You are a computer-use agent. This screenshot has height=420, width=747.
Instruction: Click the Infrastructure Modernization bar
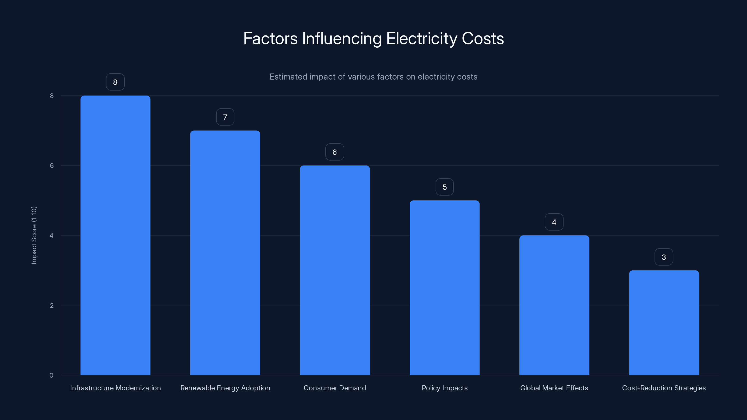pos(115,235)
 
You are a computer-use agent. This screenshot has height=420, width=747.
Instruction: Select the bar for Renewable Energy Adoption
pos(225,252)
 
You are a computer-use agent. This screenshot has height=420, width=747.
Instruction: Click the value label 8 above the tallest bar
pos(115,82)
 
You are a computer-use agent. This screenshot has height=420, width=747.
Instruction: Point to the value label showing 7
pos(225,117)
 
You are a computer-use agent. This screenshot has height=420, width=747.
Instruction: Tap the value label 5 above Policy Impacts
pos(444,187)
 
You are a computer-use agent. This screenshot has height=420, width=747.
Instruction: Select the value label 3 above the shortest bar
pos(663,257)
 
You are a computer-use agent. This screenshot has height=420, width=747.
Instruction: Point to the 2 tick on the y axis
pos(52,305)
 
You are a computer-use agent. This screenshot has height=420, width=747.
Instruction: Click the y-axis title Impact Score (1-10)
pos(34,235)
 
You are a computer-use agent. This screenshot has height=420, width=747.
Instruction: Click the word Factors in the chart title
pos(270,38)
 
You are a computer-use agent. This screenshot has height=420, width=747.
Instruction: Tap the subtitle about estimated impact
pos(373,77)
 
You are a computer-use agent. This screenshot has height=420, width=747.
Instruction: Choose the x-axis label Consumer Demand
pos(335,388)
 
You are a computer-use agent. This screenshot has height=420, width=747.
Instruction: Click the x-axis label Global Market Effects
pos(554,388)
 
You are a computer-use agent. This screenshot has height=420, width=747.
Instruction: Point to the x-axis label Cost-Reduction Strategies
pos(664,388)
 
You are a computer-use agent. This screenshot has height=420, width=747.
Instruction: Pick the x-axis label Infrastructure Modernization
pos(115,388)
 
